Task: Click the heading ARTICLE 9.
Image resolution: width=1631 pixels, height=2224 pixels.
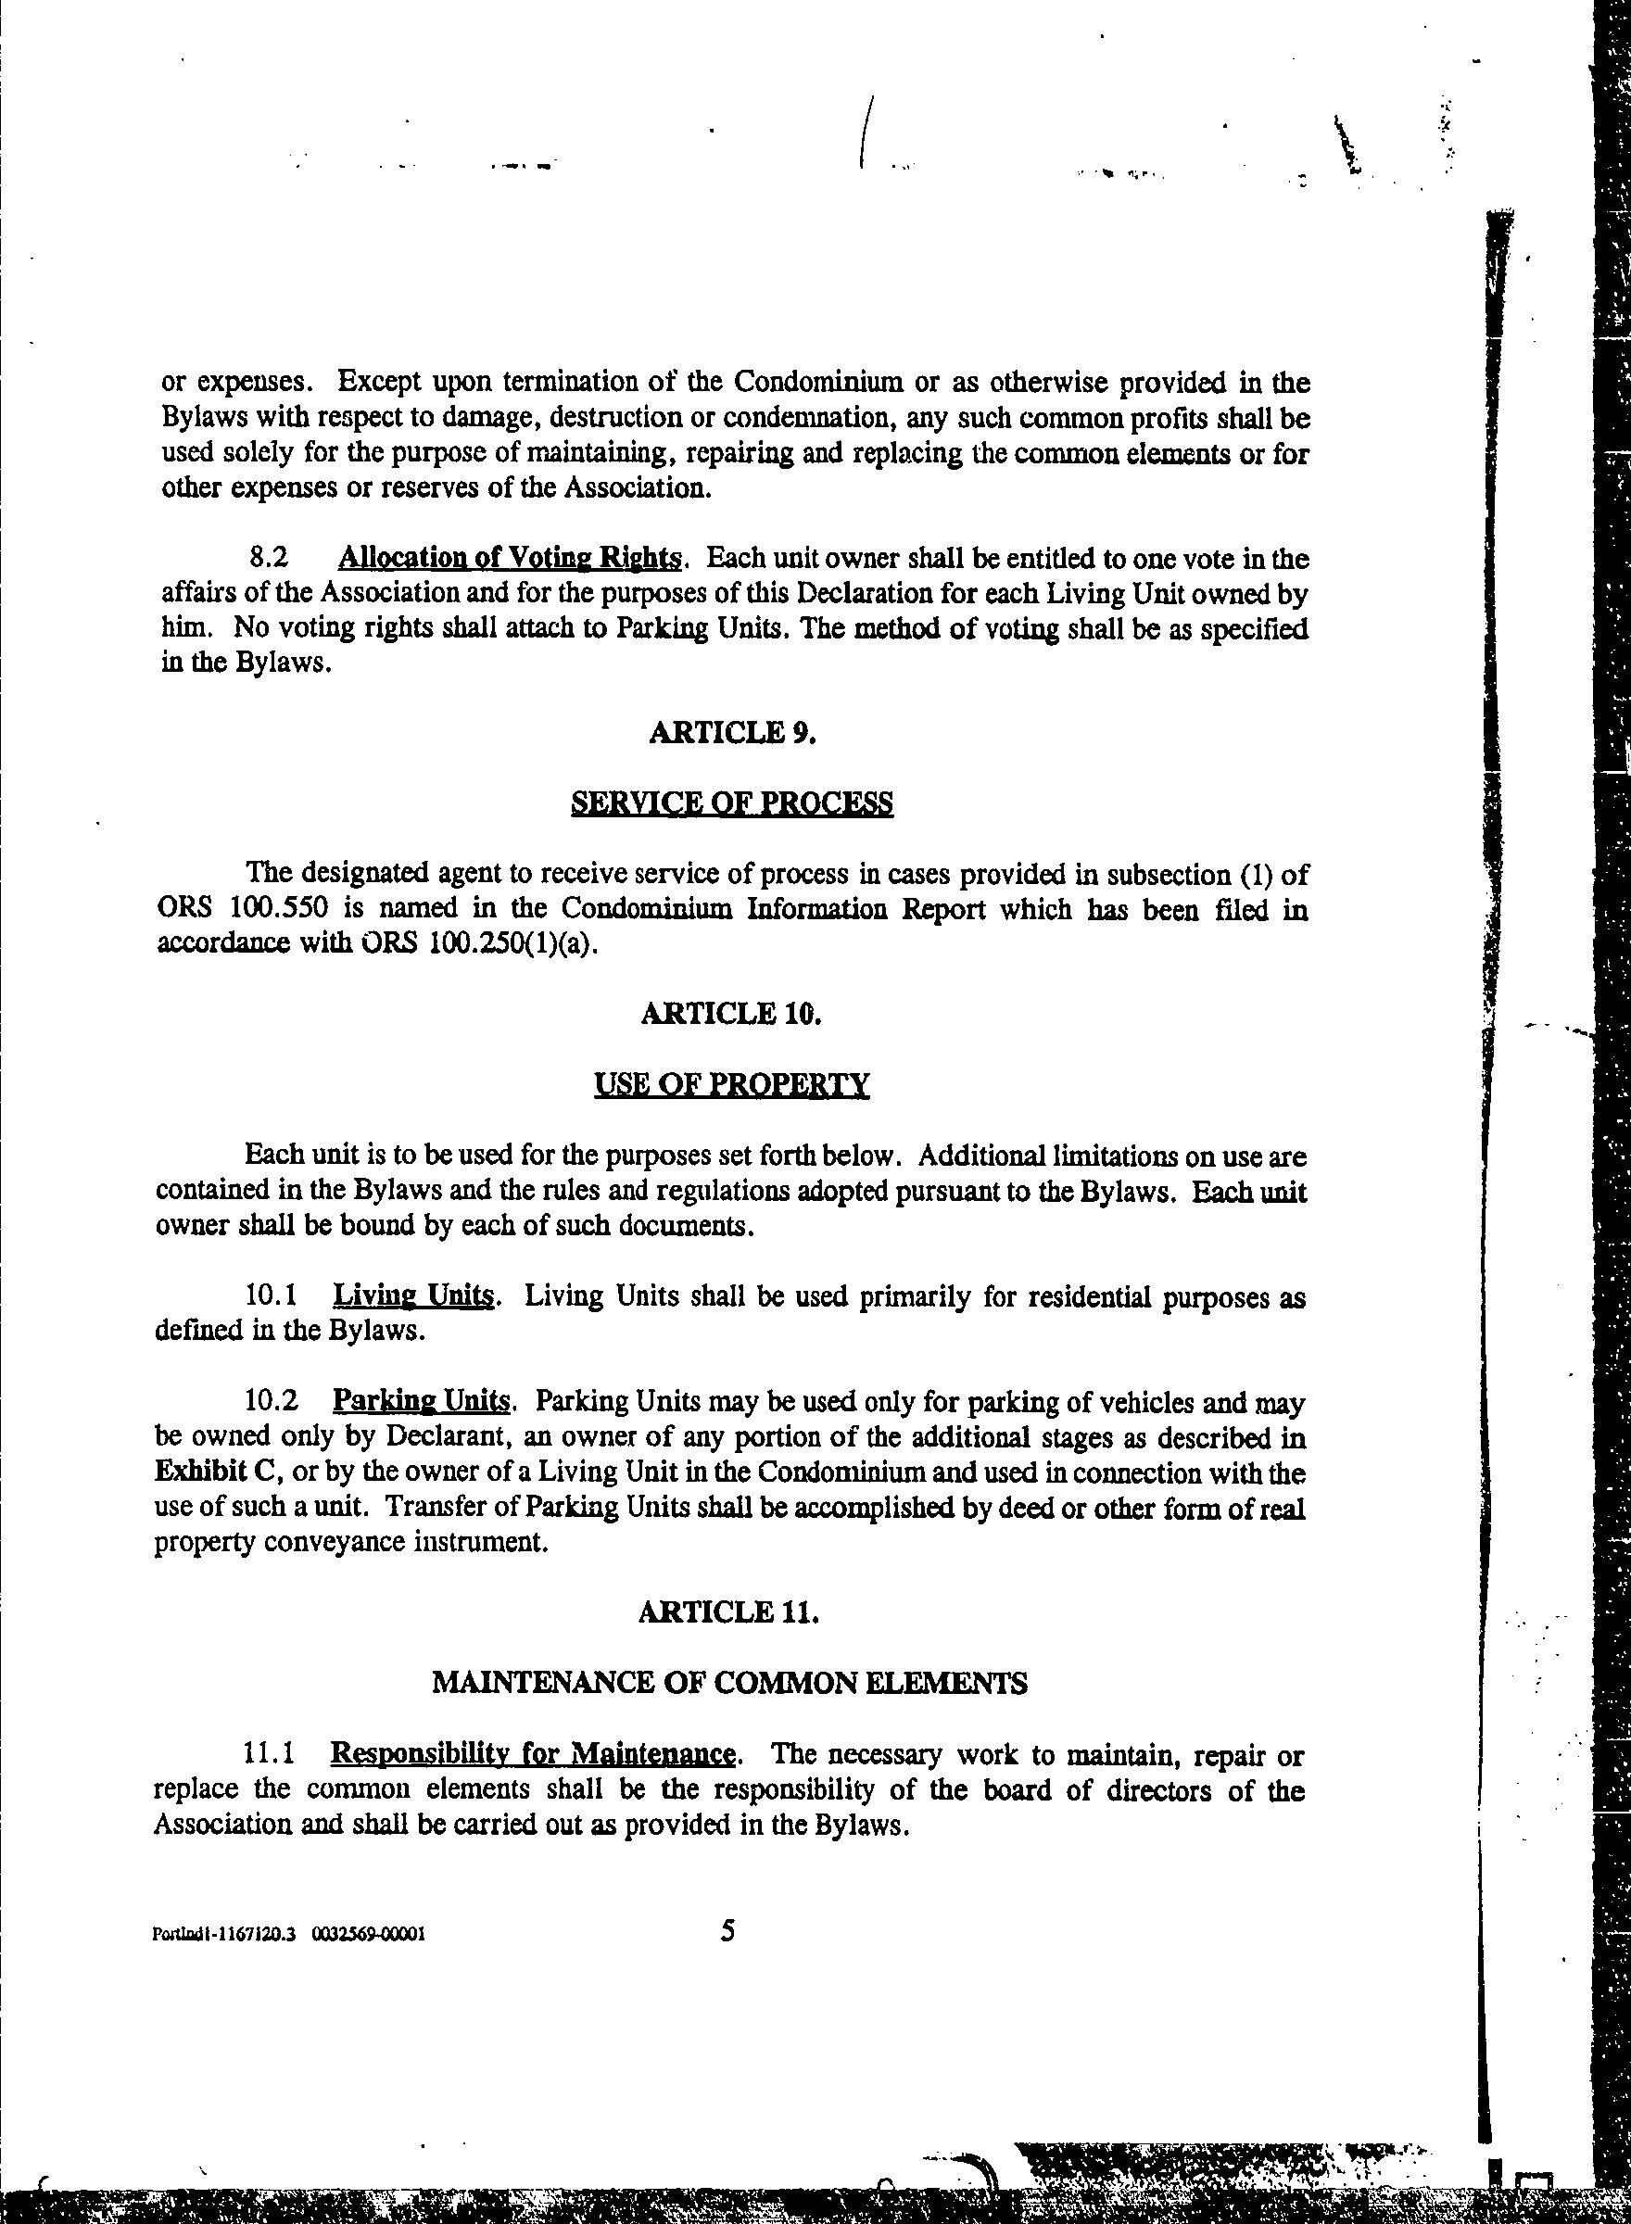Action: [x=731, y=733]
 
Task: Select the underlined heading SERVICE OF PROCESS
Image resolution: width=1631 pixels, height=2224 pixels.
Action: [x=731, y=803]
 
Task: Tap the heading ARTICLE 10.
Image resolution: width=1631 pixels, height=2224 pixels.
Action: [x=731, y=1015]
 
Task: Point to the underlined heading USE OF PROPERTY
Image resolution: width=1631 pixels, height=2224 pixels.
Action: [x=731, y=1085]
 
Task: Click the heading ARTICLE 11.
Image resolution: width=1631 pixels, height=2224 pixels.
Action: [x=728, y=1612]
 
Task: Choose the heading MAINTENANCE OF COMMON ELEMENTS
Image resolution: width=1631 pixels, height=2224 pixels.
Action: [x=729, y=1683]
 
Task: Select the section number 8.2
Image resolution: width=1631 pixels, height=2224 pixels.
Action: [x=269, y=558]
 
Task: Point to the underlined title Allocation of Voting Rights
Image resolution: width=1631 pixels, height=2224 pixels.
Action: [x=509, y=558]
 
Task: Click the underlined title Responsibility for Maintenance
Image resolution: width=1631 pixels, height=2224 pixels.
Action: [x=532, y=1754]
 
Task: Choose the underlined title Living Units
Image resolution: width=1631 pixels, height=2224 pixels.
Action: [x=412, y=1295]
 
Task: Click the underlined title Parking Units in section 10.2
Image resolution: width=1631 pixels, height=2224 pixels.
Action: [x=421, y=1402]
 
